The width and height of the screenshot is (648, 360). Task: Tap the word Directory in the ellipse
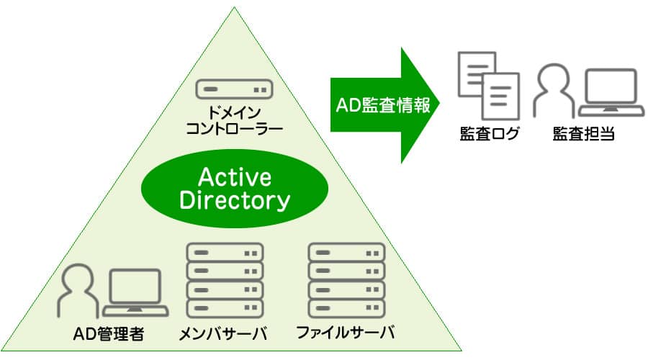pos(233,201)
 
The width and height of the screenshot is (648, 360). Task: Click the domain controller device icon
pos(234,90)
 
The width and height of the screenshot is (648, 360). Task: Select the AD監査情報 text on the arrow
pos(382,105)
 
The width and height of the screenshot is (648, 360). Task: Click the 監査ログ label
pos(489,134)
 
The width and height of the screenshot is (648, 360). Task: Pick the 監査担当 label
pos(583,134)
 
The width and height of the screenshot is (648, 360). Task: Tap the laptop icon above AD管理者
pos(135,293)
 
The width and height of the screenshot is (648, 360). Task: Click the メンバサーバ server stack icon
pos(225,281)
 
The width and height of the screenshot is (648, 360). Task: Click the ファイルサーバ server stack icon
pos(346,281)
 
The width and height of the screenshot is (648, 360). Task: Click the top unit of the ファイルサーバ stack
pos(346,253)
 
